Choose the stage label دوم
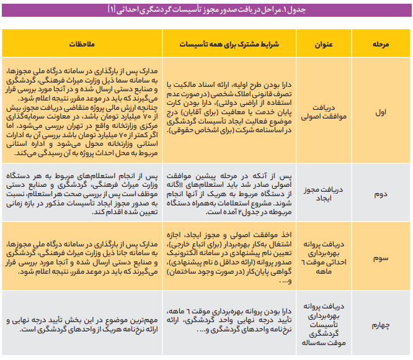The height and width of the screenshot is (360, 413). point(380,194)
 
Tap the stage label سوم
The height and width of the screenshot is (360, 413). point(380,254)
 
